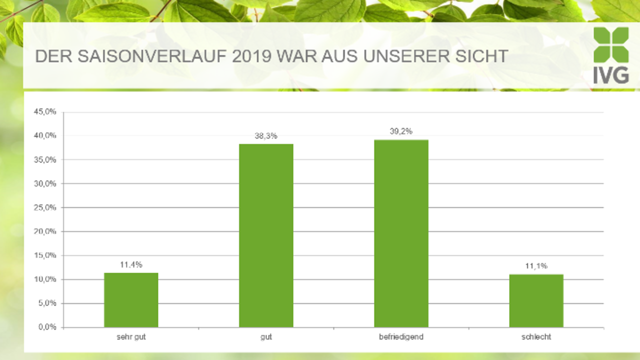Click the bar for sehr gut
(131, 300)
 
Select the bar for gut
(266, 235)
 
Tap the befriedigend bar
(401, 233)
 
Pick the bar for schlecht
(536, 301)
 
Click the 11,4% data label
(131, 265)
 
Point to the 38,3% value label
(266, 136)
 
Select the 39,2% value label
(401, 131)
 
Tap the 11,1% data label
(536, 266)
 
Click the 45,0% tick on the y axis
(45, 111)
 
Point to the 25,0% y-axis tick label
(45, 207)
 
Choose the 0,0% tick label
(47, 327)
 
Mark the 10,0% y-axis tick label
(45, 279)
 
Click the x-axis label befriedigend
(401, 337)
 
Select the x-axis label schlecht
(536, 337)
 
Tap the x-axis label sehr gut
(131, 337)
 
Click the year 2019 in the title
(251, 56)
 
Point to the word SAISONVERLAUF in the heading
(152, 56)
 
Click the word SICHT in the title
(481, 56)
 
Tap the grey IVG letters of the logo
(611, 75)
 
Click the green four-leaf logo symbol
(611, 45)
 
